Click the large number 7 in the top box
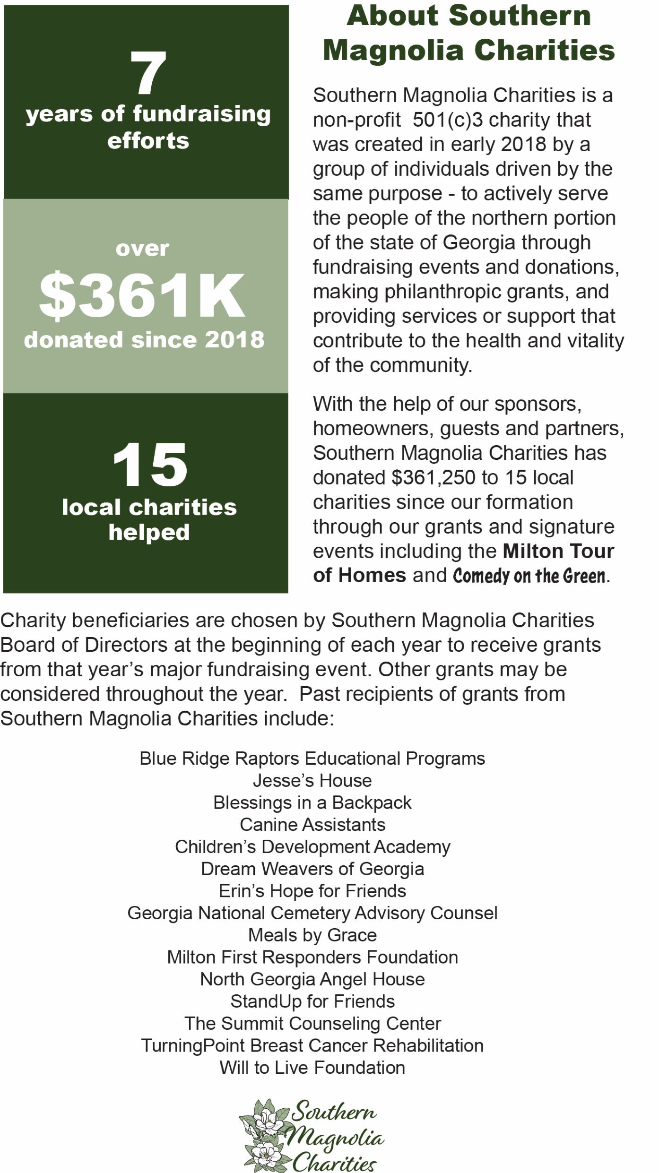[x=148, y=73]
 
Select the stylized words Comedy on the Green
[x=529, y=576]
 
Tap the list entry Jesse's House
[x=312, y=780]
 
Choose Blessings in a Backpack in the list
[x=312, y=802]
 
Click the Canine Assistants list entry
[x=312, y=825]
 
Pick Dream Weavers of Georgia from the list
[x=312, y=869]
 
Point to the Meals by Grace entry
[x=312, y=935]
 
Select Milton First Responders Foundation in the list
[x=312, y=957]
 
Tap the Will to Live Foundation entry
[x=312, y=1068]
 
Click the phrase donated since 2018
[x=144, y=340]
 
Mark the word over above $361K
[x=142, y=249]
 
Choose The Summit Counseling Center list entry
[x=312, y=1023]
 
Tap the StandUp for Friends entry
[x=312, y=1001]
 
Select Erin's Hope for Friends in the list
[x=312, y=891]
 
